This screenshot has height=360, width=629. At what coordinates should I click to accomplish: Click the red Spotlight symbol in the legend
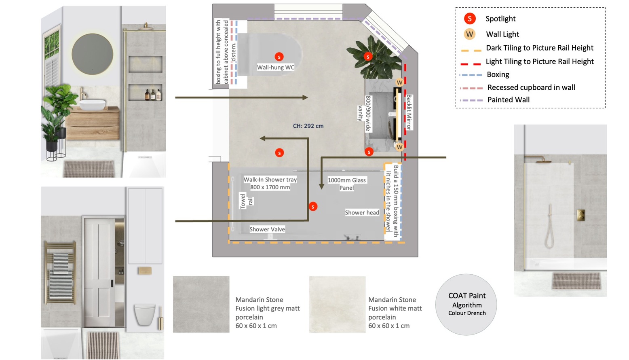pos(469,19)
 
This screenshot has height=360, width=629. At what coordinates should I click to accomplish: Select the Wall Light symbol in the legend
pos(469,34)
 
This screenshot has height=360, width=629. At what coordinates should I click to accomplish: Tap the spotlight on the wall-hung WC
pos(279,57)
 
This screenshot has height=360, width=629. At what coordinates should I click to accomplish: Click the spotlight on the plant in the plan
pos(368,57)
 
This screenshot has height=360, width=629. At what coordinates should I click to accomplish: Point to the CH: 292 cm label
pos(308,126)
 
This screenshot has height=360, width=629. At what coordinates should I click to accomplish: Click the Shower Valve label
pos(267,229)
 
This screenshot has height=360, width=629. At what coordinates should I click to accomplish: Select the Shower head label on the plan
pos(362,212)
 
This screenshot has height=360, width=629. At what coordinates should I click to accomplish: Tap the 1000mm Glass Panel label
pos(347,184)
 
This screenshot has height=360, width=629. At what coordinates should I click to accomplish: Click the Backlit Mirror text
pos(409,112)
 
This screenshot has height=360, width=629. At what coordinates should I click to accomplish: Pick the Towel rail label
pos(247,201)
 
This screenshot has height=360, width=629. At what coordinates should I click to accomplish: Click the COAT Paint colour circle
pos(466,305)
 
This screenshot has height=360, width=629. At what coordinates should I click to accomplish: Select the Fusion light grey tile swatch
pos(201,304)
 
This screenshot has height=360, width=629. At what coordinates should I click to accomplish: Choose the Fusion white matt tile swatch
pos(337,304)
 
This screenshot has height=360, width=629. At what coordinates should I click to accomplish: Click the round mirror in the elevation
pos(93,54)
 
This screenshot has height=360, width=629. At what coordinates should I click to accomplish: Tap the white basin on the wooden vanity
pos(93,104)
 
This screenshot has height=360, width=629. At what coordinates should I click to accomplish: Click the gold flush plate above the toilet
pos(145,271)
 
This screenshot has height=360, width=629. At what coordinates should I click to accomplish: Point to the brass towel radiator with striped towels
pos(60,273)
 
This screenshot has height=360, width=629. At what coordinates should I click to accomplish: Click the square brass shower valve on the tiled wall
pos(581,215)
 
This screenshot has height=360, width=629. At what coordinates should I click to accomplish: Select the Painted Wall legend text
pos(508,100)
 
